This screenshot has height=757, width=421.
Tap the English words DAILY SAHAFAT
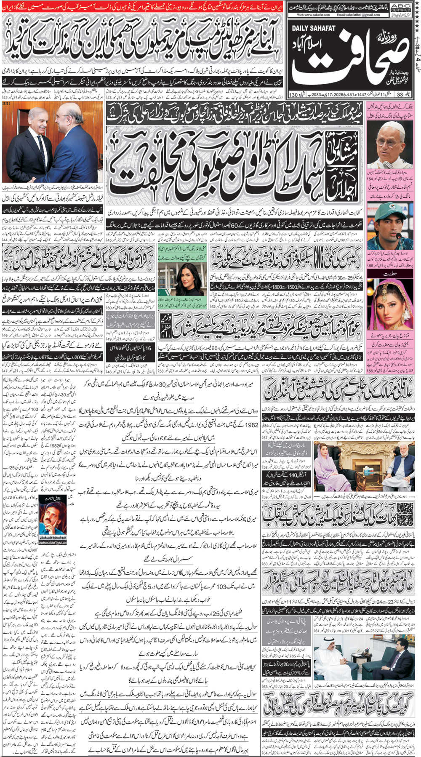pyautogui.click(x=313, y=28)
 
